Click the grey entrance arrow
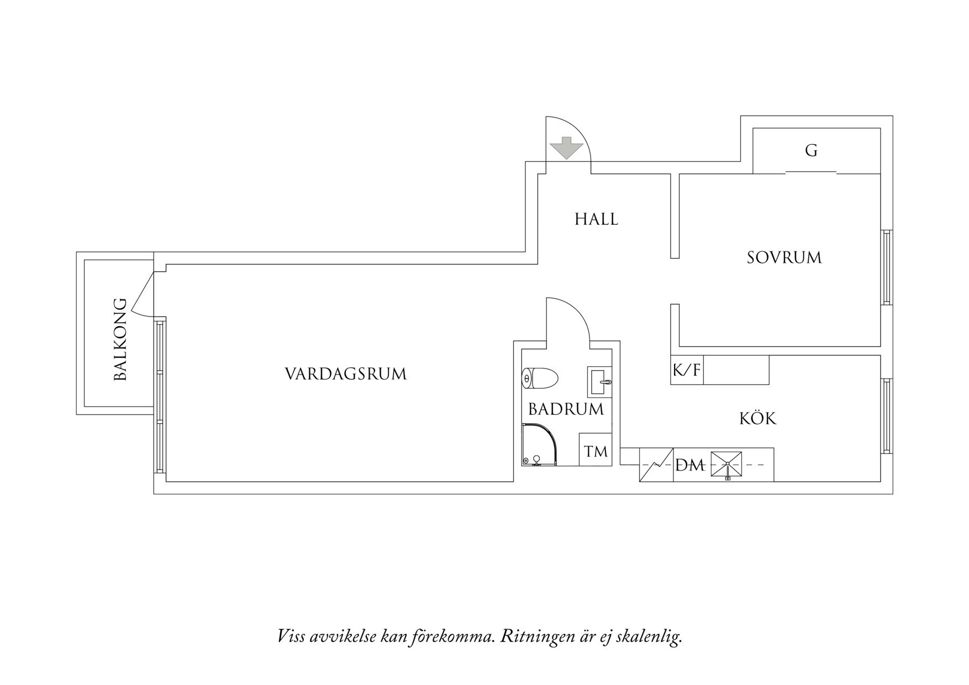tap(566, 147)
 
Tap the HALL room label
tap(596, 219)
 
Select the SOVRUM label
tap(784, 257)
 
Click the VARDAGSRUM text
tap(346, 374)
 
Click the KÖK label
tap(758, 418)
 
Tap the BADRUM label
tap(566, 409)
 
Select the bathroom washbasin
tap(599, 381)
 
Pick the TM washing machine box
tap(596, 451)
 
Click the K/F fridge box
tap(687, 370)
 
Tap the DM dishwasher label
tap(690, 466)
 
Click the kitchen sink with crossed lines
tap(726, 465)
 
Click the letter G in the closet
tap(811, 150)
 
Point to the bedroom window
tap(886, 267)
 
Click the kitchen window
tap(886, 416)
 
